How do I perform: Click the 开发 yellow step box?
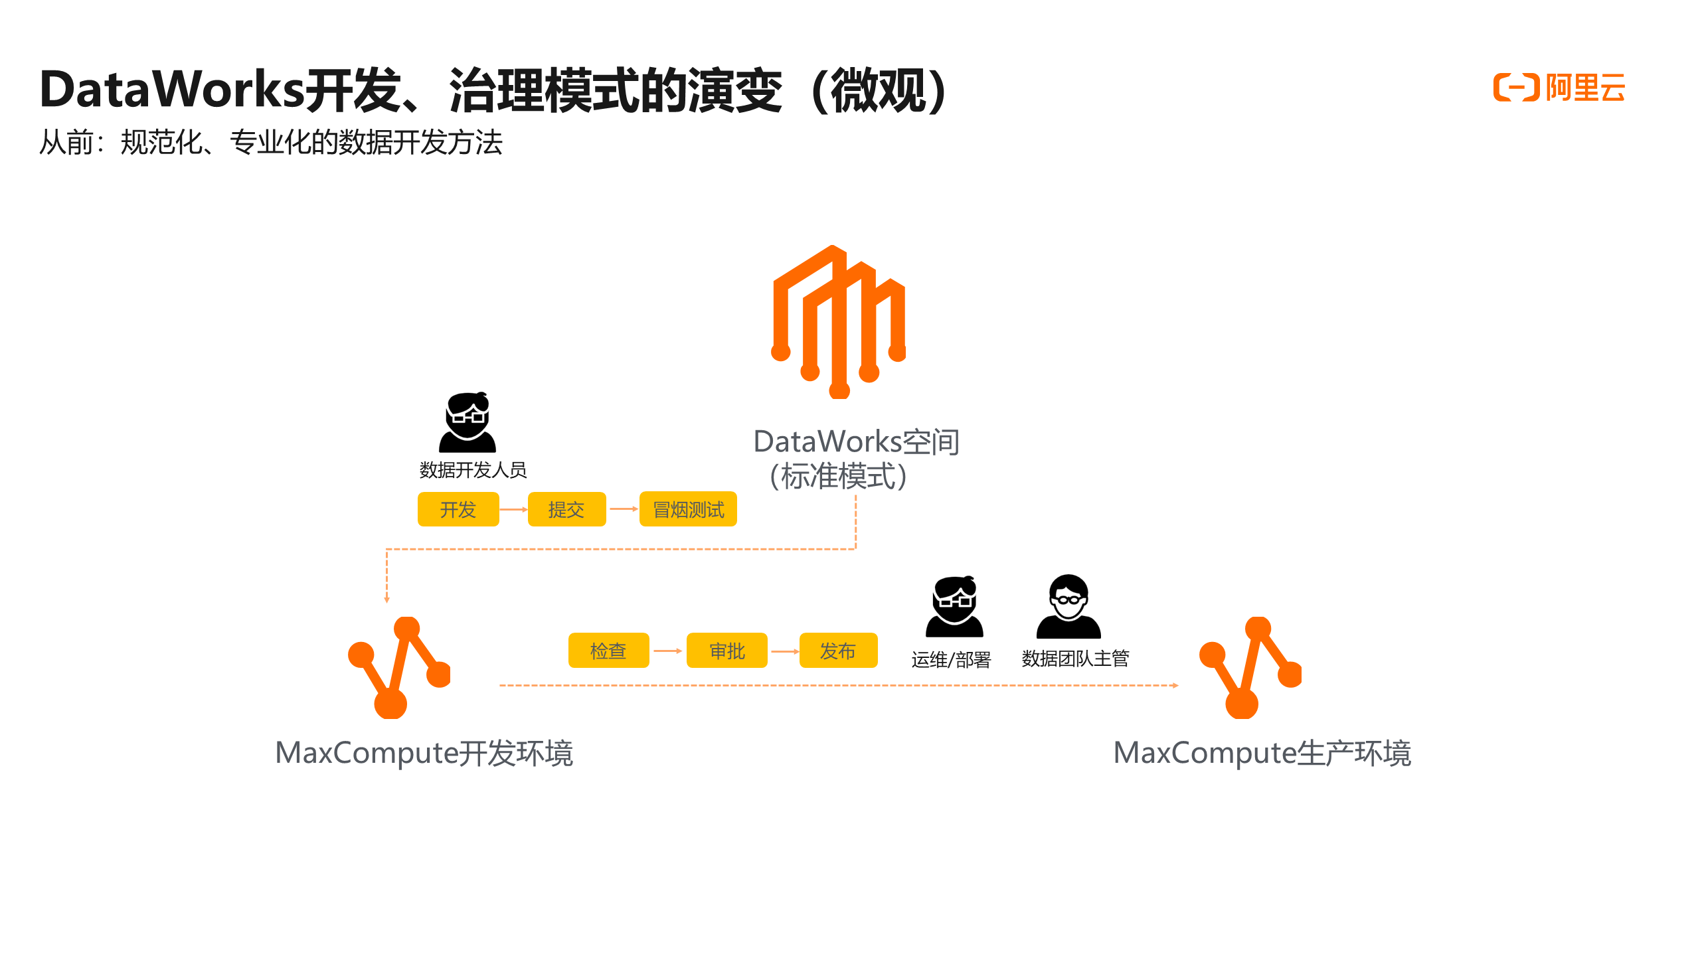[x=458, y=509]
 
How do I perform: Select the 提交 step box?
[x=566, y=509]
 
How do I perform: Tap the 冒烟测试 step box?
[x=688, y=509]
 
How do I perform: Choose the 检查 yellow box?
[x=608, y=651]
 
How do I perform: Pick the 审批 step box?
[x=727, y=651]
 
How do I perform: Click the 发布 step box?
[x=838, y=651]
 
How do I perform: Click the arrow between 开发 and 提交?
[x=513, y=509]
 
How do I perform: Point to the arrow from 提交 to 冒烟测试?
[x=623, y=509]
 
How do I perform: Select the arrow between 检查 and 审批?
[x=667, y=651]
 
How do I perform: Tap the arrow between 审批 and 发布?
[x=784, y=651]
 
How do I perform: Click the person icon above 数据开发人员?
[x=467, y=423]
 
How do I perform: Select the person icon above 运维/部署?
[x=954, y=607]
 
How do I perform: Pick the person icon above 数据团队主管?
[x=1068, y=607]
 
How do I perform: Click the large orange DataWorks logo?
[x=839, y=322]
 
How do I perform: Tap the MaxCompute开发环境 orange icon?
[x=399, y=667]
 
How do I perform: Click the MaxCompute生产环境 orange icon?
[x=1250, y=667]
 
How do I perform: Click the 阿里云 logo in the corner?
[x=1559, y=88]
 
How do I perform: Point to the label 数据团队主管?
[x=1075, y=659]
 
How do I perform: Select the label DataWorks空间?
[x=856, y=442]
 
